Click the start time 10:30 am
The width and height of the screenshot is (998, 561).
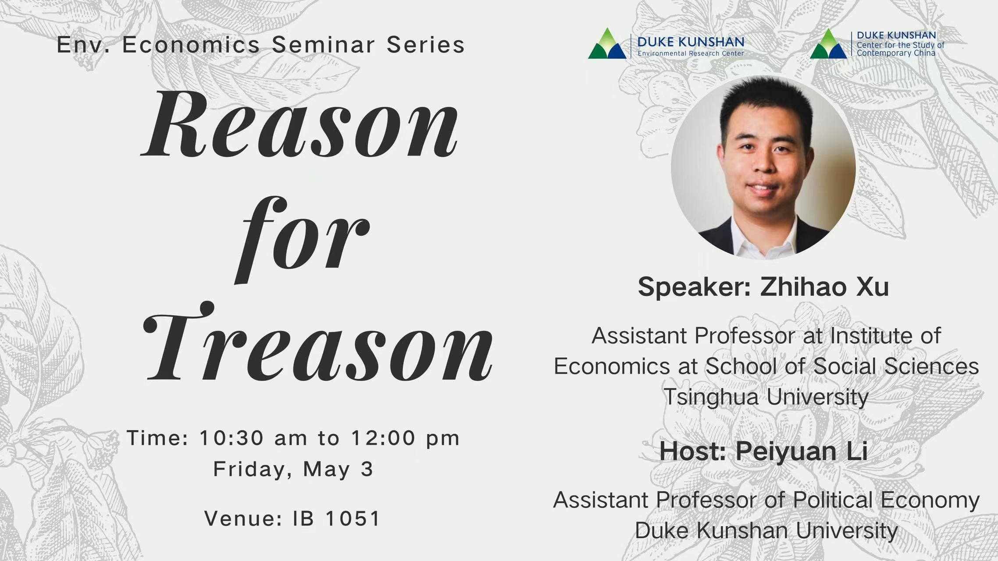253,438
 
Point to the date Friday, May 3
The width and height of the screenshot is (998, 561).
293,469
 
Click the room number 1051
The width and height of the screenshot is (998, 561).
353,518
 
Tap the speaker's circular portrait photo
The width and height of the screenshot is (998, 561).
763,167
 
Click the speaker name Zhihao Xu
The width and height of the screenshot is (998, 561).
824,287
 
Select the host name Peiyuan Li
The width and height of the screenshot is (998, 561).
802,451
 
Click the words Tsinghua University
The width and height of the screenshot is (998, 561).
766,398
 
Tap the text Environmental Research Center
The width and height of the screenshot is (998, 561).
691,53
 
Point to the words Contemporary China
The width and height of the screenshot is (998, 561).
896,53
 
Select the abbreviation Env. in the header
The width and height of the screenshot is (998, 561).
83,45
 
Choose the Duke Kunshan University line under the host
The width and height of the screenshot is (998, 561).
766,531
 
